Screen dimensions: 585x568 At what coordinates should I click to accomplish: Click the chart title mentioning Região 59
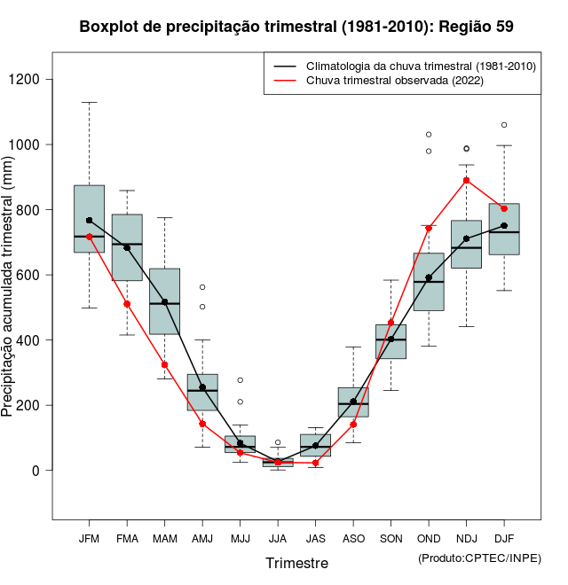pos(296,27)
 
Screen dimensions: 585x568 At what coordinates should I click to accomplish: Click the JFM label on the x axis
pos(89,539)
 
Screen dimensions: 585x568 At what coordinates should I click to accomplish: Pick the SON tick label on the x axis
pos(390,539)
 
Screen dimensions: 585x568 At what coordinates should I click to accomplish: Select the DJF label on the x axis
pos(504,539)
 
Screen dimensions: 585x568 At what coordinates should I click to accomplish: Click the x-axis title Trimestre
pos(296,563)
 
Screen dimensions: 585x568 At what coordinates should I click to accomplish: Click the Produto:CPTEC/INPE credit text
pos(479,558)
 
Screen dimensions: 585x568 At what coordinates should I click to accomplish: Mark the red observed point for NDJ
pos(466,180)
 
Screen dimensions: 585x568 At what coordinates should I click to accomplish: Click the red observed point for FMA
pos(127,304)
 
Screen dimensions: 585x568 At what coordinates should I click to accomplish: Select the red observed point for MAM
pos(164,364)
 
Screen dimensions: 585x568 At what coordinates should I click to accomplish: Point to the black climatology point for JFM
pos(89,220)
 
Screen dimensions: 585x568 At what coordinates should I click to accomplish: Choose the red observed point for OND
pos(429,228)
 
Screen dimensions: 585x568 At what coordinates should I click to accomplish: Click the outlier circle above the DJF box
pos(504,125)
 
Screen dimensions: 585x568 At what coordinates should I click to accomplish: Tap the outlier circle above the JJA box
pos(278,442)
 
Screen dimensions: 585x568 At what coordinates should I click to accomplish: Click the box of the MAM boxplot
pos(164,301)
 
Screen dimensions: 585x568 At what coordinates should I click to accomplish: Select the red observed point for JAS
pos(315,463)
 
